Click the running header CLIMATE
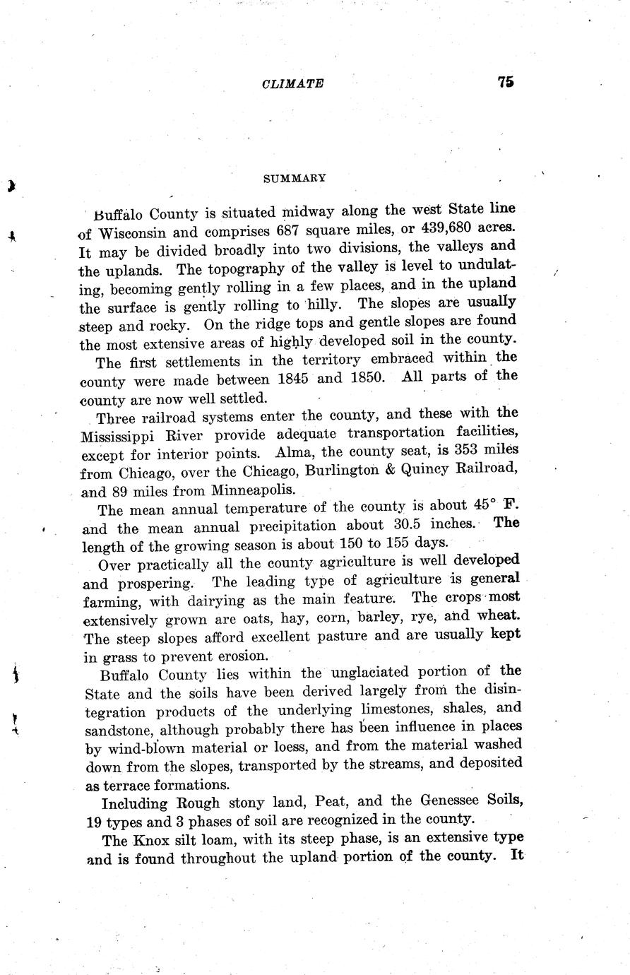tap(292, 83)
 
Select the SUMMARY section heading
tap(295, 179)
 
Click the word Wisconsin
tap(133, 232)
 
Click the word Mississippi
tap(121, 434)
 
